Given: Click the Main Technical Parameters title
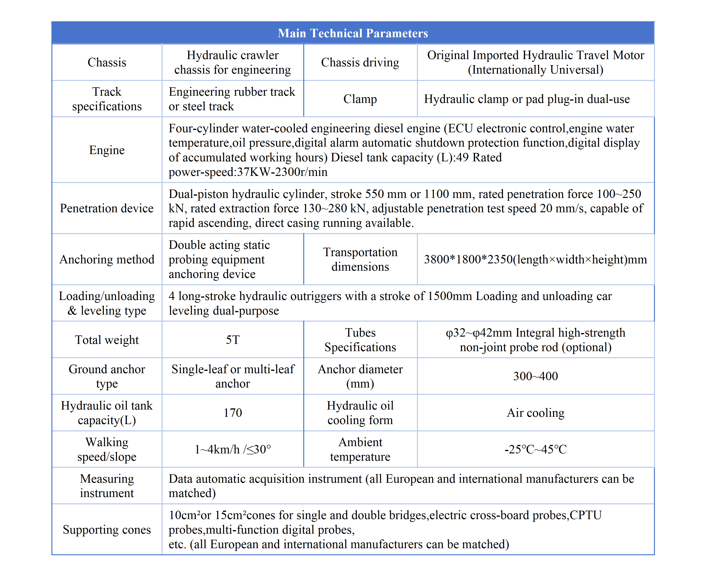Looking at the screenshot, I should pos(353,33).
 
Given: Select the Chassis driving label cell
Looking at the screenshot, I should pos(360,62).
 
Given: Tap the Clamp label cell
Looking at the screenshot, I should pos(360,99).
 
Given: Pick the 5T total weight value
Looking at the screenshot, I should pos(232,340).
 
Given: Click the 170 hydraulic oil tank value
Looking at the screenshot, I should pos(232,413).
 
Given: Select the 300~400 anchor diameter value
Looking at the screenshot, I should pos(535,376).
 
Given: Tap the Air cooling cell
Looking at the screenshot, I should pos(535,413).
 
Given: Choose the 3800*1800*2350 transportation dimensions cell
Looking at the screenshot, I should pos(535,259).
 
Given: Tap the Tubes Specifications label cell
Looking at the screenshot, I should pos(360,340).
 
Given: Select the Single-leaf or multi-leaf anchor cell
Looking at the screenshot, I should pos(232,376).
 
